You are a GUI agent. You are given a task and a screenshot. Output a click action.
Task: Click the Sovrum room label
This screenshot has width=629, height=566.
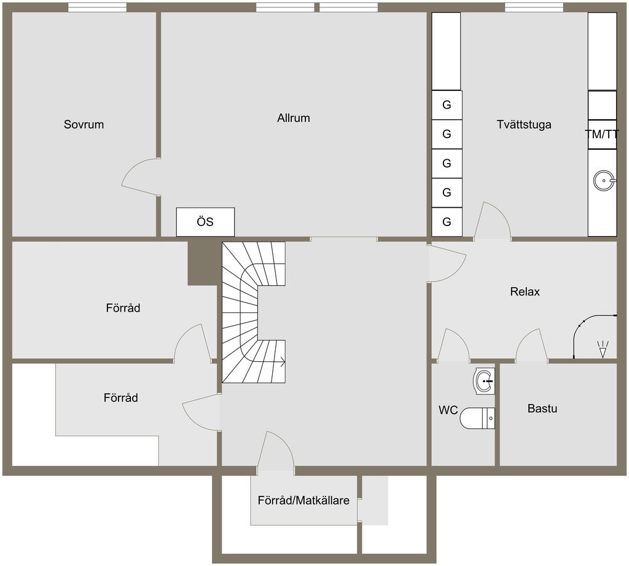click(84, 124)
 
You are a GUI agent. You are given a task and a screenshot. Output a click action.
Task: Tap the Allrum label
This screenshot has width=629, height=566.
click(294, 118)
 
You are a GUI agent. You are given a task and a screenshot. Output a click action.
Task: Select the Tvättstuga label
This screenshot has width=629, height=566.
click(524, 124)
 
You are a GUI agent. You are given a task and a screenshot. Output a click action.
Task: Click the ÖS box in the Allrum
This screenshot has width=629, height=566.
click(205, 222)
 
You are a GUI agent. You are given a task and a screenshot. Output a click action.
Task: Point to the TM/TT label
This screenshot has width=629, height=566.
click(602, 135)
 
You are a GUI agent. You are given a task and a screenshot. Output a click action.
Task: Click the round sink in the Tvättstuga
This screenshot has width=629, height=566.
click(604, 180)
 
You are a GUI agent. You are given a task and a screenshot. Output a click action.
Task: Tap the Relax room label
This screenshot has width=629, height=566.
click(525, 291)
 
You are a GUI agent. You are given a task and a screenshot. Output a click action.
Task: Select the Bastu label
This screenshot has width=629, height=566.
click(542, 409)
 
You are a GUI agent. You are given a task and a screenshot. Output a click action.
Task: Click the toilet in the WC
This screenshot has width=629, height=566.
click(477, 418)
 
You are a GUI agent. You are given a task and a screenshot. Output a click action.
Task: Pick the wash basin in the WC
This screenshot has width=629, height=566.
click(484, 381)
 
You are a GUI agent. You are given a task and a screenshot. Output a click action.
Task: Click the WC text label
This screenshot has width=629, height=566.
click(448, 411)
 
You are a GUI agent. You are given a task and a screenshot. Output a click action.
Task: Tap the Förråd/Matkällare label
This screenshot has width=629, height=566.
click(303, 501)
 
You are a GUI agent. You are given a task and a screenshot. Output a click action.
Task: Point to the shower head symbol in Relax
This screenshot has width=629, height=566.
click(603, 349)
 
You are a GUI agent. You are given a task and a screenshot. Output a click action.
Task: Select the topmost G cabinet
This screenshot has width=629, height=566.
click(447, 105)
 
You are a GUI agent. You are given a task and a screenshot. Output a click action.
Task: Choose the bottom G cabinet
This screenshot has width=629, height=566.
click(447, 222)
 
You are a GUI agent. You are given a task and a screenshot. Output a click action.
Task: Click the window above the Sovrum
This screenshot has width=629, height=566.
click(98, 7)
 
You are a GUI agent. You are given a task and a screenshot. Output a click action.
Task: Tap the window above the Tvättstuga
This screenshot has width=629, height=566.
click(534, 7)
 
